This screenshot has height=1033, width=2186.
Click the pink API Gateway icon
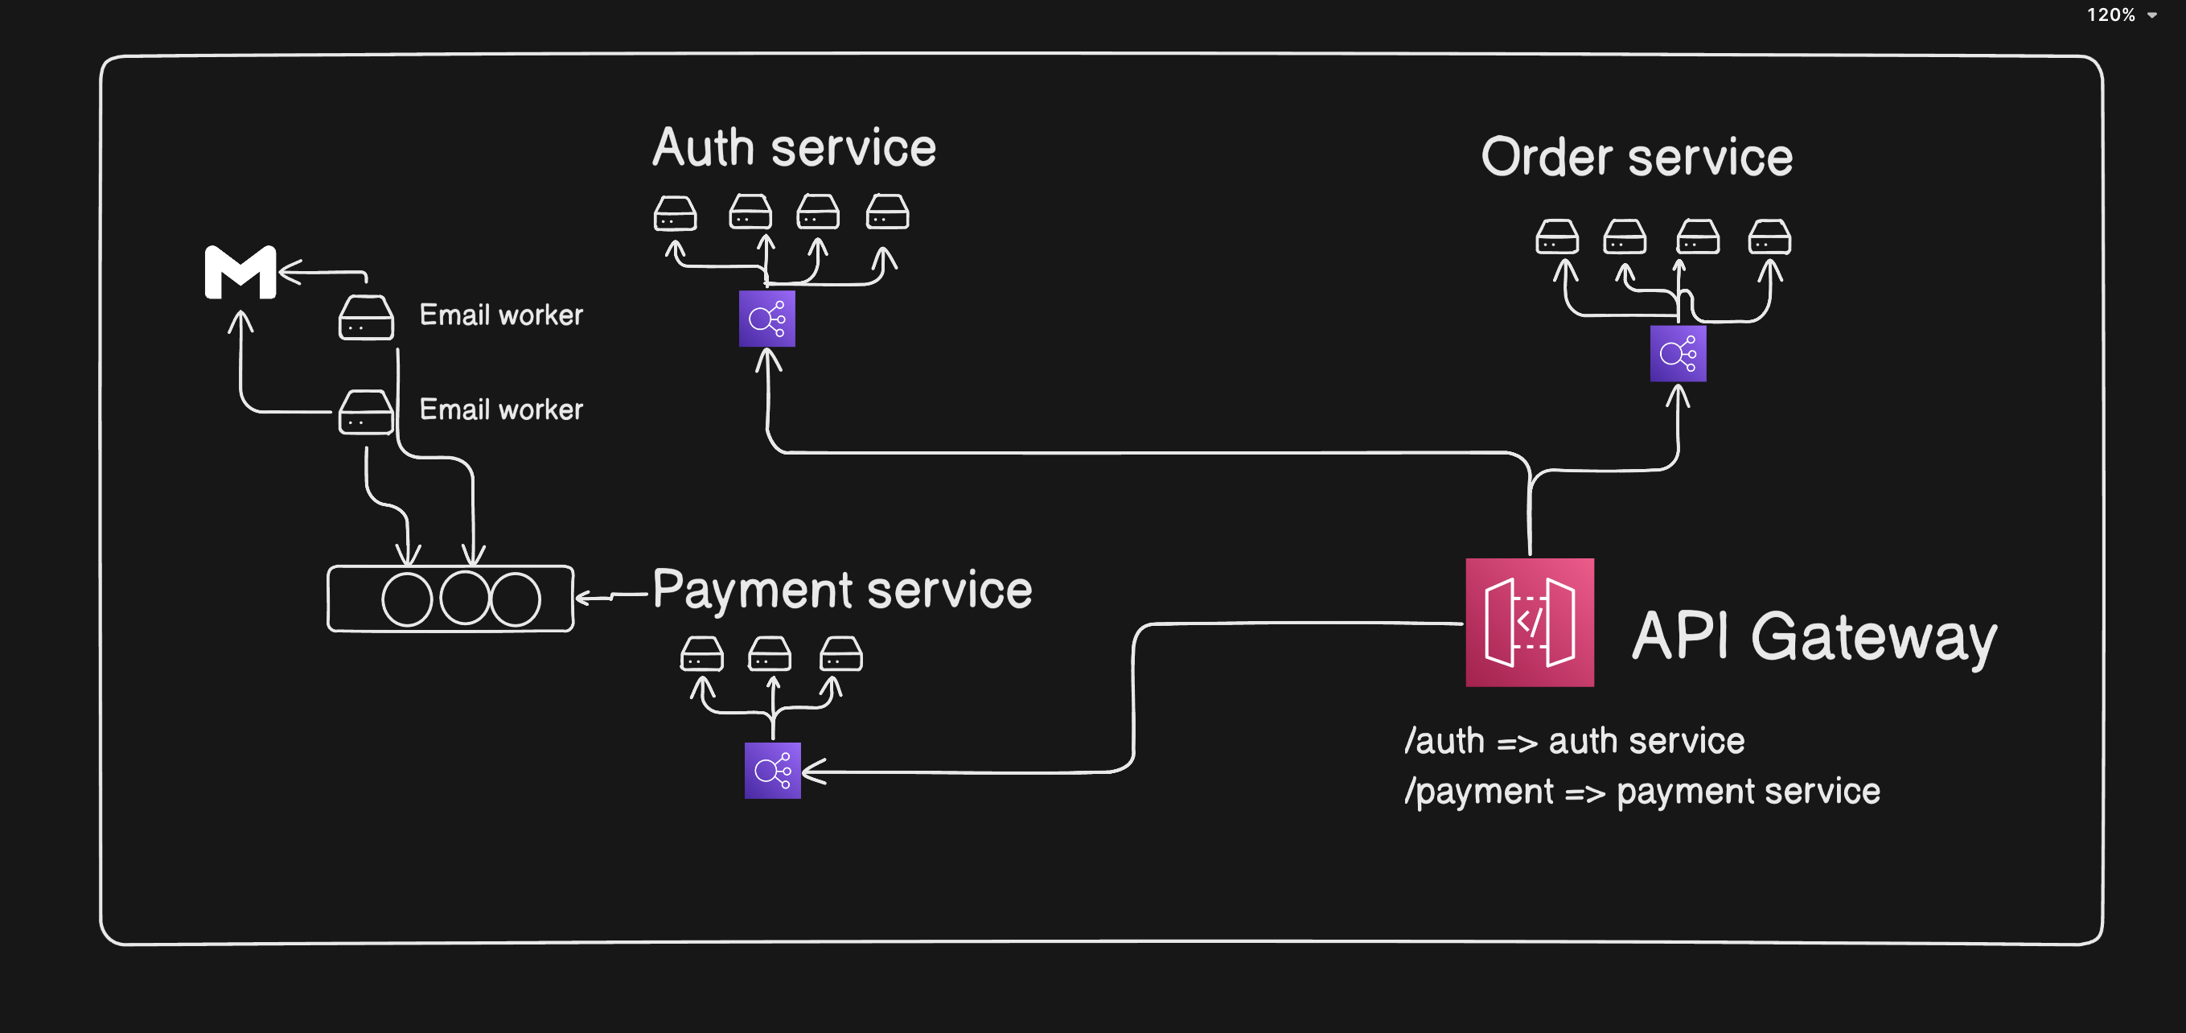pyautogui.click(x=1529, y=622)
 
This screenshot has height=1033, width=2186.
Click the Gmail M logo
pyautogui.click(x=240, y=273)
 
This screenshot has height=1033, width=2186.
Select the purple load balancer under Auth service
pyautogui.click(x=766, y=319)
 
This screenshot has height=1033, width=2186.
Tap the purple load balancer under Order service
pyautogui.click(x=1677, y=353)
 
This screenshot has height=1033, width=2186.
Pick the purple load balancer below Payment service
pyautogui.click(x=772, y=770)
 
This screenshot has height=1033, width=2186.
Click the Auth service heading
pyautogui.click(x=794, y=148)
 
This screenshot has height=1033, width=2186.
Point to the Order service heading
pyautogui.click(x=1636, y=157)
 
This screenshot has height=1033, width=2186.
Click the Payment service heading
pyautogui.click(x=842, y=589)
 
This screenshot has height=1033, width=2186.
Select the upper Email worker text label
pyautogui.click(x=501, y=315)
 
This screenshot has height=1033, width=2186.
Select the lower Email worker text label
pyautogui.click(x=501, y=409)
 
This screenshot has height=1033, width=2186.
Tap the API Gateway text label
pyautogui.click(x=1814, y=636)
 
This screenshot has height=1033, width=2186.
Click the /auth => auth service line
pyautogui.click(x=1574, y=741)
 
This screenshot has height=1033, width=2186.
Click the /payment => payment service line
pyautogui.click(x=1642, y=791)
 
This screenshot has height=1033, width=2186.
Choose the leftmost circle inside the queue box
pyautogui.click(x=407, y=599)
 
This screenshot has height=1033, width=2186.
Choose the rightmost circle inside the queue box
pyautogui.click(x=515, y=599)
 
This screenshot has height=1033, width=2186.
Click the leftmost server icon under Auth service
pyautogui.click(x=675, y=213)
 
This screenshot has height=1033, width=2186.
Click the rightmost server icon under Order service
pyautogui.click(x=1769, y=237)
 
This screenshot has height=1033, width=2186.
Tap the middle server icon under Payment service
pyautogui.click(x=769, y=654)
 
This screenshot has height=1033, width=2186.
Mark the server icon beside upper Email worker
pyautogui.click(x=366, y=318)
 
